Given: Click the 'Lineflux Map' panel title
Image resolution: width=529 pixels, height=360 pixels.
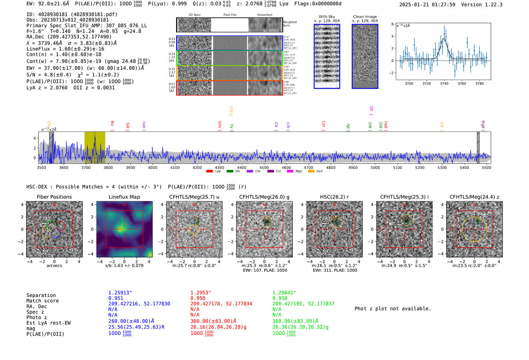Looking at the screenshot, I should coord(124,197).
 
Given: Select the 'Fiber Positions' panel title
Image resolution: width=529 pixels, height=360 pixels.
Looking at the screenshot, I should coord(54,197).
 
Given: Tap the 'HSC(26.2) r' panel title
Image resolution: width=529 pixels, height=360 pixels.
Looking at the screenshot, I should coord(334,197).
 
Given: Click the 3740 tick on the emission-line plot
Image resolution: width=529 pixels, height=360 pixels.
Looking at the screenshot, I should coord(444,83).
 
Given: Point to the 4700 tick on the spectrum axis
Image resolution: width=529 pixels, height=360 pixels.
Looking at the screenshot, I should coord(308,167).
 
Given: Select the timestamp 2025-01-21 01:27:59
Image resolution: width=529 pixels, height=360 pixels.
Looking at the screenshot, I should coord(427,5).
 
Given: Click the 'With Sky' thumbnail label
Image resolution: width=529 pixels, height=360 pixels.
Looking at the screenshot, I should coord(326,17).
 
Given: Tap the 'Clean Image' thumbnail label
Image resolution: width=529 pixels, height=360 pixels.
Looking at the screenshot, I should coord(365,17).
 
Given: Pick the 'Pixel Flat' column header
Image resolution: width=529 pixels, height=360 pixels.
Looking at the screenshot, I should coord(230,15).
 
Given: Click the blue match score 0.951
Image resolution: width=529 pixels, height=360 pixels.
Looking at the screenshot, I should coord(116,298).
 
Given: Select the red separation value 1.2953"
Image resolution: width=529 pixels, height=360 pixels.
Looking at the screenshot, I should coord(200,293).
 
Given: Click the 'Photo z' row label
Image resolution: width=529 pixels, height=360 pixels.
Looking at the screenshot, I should coord(38,317).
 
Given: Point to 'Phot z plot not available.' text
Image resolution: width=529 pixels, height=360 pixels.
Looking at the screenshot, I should coord(393,309).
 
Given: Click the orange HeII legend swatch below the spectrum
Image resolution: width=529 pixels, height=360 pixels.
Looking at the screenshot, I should coord(311,171).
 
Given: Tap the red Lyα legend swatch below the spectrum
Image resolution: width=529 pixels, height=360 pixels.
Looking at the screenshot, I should coord(210,171).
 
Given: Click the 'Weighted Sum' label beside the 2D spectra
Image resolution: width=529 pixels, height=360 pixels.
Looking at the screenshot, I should coord(289,24).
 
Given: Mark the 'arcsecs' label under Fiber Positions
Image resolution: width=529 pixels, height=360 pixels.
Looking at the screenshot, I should coord(54,266).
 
